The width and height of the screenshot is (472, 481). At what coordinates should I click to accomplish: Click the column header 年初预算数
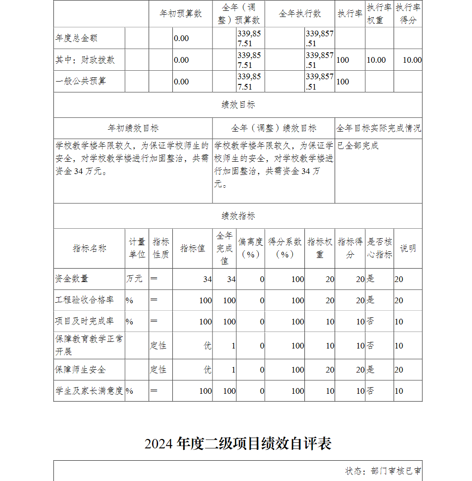[181, 14]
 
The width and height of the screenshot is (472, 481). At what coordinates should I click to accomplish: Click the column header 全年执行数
[300, 14]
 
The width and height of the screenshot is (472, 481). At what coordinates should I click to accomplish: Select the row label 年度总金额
[76, 38]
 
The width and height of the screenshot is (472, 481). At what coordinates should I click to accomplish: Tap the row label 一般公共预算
[81, 81]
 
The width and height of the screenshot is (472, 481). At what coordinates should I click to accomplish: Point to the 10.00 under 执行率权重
[376, 60]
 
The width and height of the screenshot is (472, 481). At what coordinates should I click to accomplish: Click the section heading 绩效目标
[238, 105]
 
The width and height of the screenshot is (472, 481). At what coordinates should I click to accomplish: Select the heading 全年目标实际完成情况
[379, 128]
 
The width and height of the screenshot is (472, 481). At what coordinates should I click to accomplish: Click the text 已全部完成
[358, 146]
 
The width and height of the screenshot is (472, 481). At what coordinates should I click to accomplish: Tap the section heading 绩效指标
[238, 216]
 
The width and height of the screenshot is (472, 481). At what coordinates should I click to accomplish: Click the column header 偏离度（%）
[251, 248]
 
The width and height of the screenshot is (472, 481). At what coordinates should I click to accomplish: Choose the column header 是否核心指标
[379, 248]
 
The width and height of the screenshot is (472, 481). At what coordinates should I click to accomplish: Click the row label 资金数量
[72, 279]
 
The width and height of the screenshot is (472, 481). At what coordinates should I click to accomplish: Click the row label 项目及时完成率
[84, 322]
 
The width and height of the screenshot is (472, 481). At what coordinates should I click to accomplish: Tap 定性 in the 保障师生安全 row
[159, 370]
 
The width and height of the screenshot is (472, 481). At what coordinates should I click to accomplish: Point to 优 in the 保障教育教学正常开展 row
[208, 346]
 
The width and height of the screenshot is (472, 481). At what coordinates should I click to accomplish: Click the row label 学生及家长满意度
[89, 391]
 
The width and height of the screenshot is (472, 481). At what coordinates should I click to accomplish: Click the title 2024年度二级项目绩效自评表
[238, 444]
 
